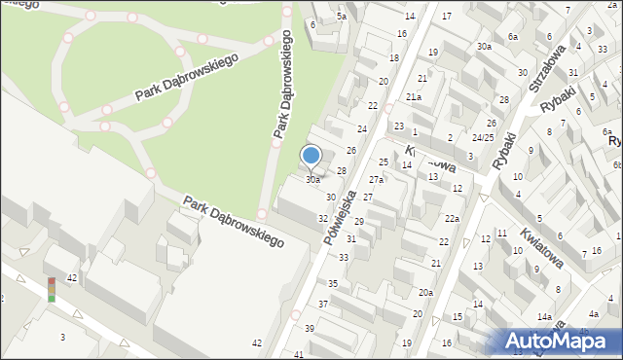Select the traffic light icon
51,289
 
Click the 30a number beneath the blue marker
312,180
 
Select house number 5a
341,17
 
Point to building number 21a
414,97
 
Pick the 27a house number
376,180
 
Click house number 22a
452,218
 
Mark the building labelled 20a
425,293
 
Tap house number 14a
543,317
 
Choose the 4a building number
594,314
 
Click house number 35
333,283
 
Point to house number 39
310,329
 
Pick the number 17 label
447,17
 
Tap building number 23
399,126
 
